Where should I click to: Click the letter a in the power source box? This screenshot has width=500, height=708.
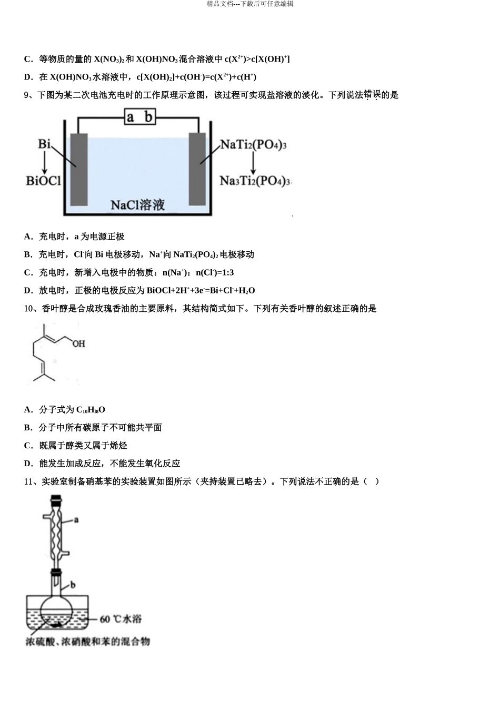coord(130,117)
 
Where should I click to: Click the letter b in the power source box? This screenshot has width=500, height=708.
coord(148,117)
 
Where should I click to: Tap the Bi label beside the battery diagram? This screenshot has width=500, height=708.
coord(44,144)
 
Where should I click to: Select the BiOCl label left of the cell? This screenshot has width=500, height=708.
coord(43,181)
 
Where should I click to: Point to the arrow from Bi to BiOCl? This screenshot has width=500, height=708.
coord(45,162)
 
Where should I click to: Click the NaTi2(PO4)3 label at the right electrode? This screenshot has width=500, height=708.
coord(253,145)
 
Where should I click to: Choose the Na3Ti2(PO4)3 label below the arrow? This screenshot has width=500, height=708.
coord(255,181)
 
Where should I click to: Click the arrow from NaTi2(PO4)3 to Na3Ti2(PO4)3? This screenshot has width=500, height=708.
coord(253,163)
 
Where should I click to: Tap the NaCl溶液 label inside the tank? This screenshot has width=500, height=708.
coord(138,205)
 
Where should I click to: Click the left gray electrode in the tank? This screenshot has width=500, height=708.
coord(79,170)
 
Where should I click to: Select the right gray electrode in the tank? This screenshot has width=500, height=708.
coord(197,169)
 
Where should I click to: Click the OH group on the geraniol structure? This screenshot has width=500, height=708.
coord(78,343)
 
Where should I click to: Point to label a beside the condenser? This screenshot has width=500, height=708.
coord(76,519)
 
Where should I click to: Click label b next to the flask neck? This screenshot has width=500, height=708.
coord(73,585)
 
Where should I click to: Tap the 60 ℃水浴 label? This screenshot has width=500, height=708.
coord(121,618)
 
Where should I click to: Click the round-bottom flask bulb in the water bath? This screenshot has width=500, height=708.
coord(57,612)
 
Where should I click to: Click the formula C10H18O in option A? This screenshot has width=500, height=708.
coord(91,410)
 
